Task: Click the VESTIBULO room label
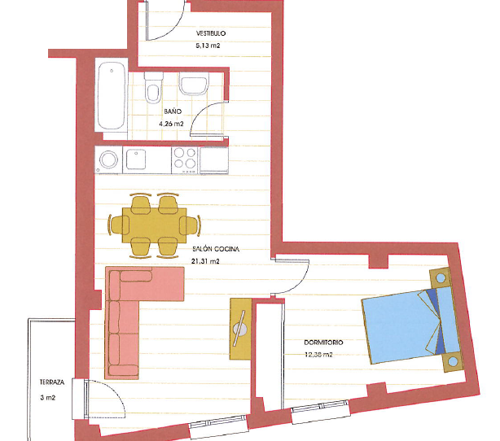[211, 33]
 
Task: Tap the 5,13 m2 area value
[208, 46]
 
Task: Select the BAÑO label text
[173, 111]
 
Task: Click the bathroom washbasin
[194, 83]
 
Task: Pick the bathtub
[112, 96]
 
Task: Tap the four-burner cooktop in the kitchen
[185, 160]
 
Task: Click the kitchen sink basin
[136, 159]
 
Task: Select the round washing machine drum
[108, 159]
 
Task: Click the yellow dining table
[155, 225]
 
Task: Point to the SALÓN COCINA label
[216, 249]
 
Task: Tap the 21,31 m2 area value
[205, 261]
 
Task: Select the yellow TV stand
[241, 330]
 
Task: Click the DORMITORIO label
[323, 343]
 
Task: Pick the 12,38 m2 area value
[318, 354]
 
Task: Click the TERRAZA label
[52, 382]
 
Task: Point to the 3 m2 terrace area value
[48, 398]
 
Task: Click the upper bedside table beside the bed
[441, 278]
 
